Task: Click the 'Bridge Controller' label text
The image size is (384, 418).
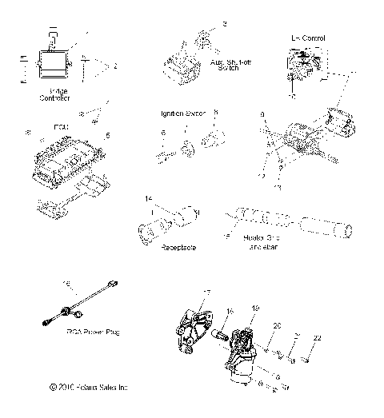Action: pyautogui.click(x=54, y=94)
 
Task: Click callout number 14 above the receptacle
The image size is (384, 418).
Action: pyautogui.click(x=147, y=197)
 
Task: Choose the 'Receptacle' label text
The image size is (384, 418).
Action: pyautogui.click(x=179, y=249)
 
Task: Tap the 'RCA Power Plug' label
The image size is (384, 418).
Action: pyautogui.click(x=95, y=331)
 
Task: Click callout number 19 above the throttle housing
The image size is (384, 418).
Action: pyautogui.click(x=256, y=307)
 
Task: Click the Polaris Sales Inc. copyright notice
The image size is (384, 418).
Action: pyautogui.click(x=87, y=388)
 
